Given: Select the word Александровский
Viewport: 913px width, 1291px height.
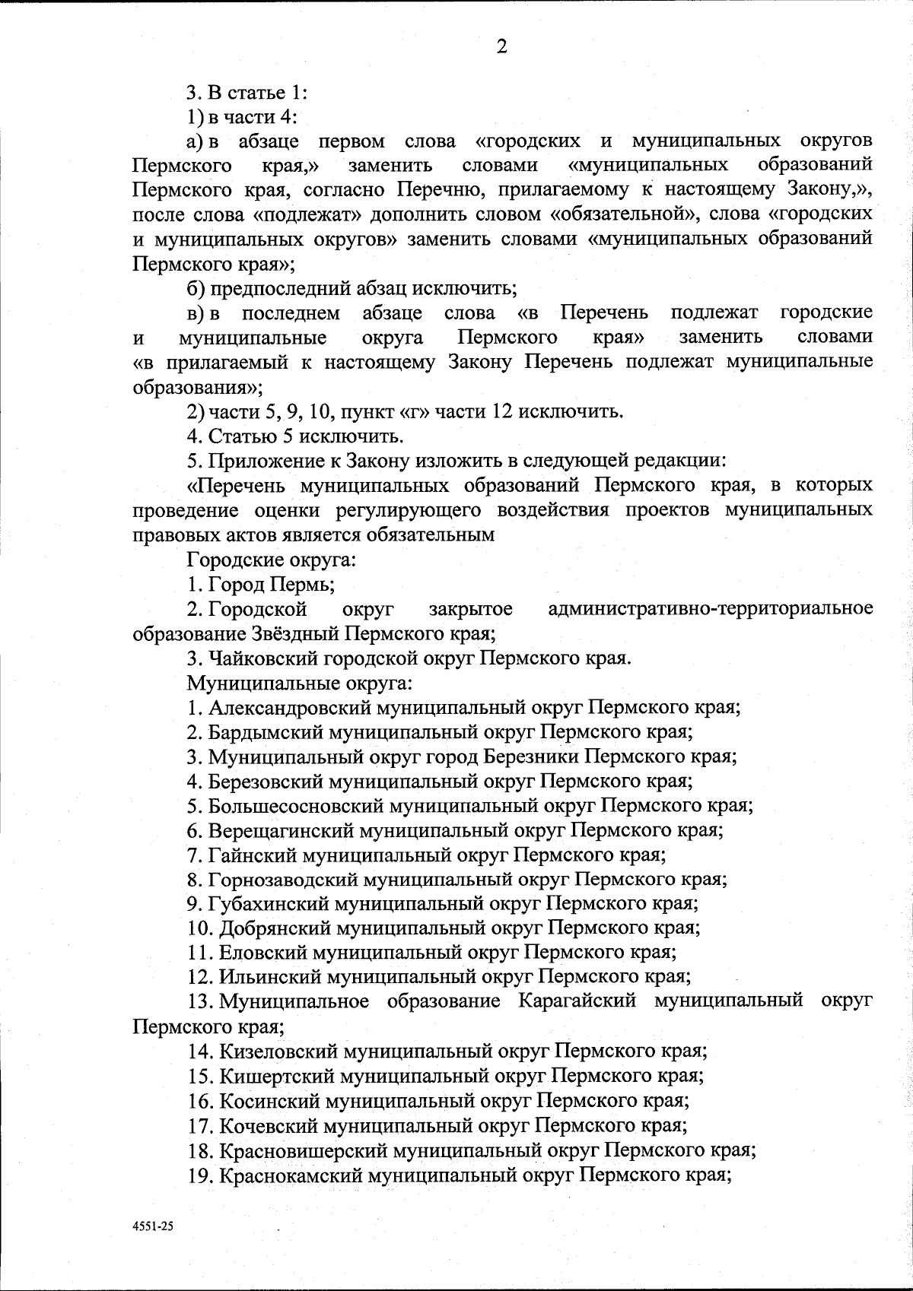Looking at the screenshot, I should click(290, 708).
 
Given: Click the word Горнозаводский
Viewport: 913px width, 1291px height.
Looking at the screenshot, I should click(284, 879).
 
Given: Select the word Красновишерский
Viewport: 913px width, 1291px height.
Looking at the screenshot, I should click(303, 1150).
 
